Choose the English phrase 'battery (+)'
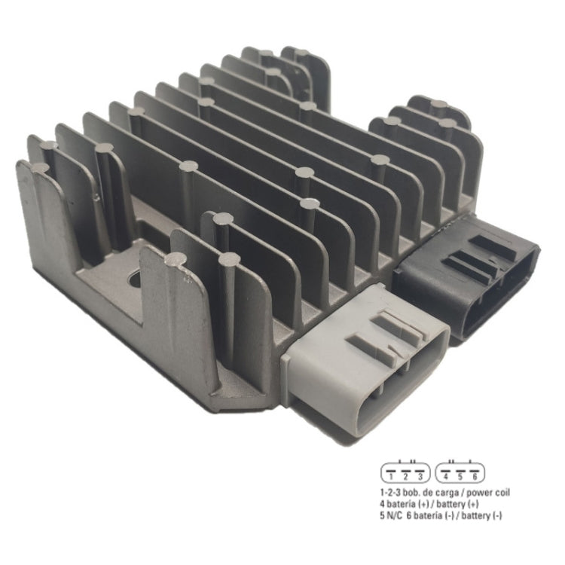point(460,504)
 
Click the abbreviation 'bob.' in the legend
point(413,493)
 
